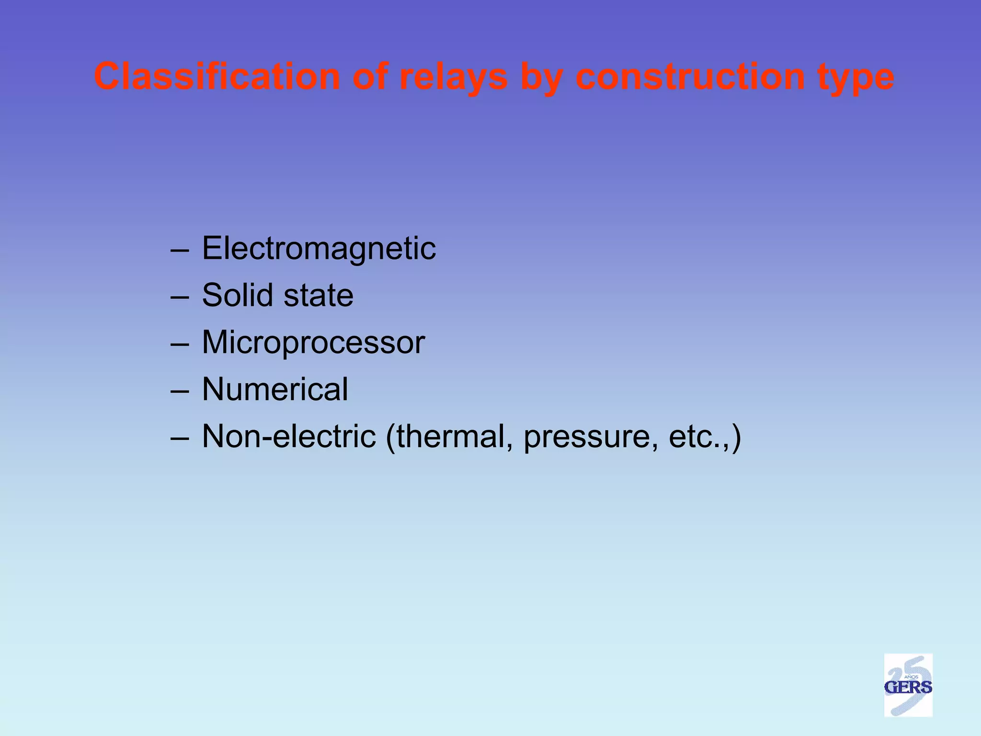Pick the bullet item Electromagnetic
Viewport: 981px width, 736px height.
[x=319, y=249]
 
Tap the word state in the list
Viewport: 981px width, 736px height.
[x=318, y=296]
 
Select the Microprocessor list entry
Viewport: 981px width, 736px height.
[x=313, y=343]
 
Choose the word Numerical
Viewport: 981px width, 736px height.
[x=275, y=389]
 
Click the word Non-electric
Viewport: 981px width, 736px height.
[x=289, y=436]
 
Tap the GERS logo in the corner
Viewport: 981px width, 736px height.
[x=908, y=685]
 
